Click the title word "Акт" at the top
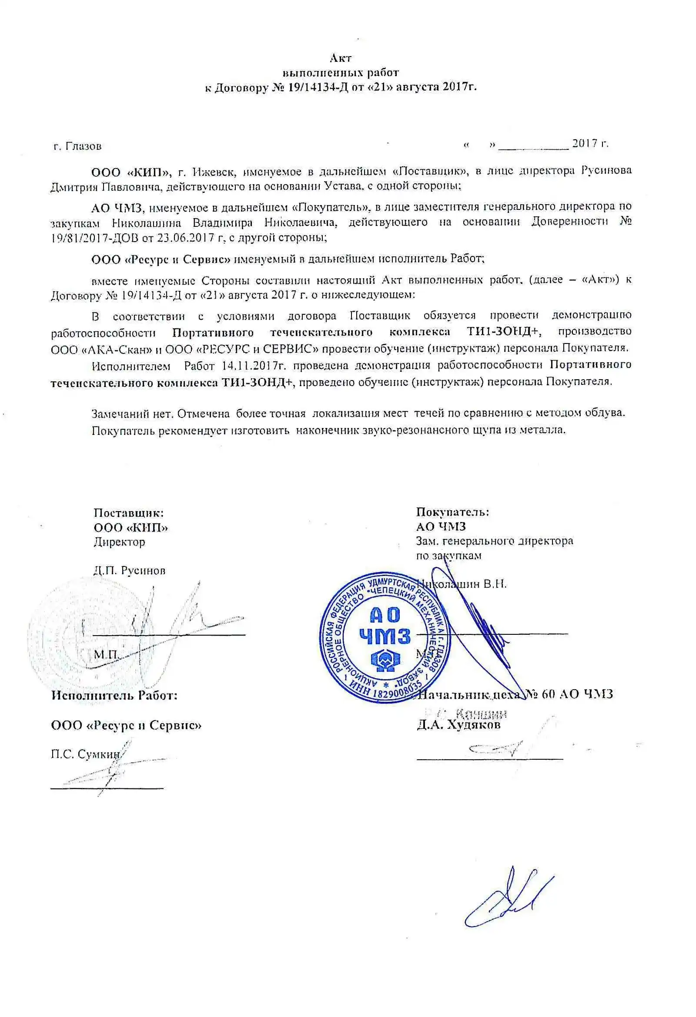[341, 58]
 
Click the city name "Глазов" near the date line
[83, 146]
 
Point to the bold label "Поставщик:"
[128, 513]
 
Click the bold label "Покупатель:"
[452, 512]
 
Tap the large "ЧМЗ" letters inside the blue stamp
[384, 636]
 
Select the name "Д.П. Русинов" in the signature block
[129, 571]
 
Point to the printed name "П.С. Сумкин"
[85, 754]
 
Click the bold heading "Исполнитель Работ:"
[114, 695]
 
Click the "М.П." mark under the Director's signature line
[105, 655]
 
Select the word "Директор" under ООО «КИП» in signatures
[119, 542]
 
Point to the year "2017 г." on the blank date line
[590, 144]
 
